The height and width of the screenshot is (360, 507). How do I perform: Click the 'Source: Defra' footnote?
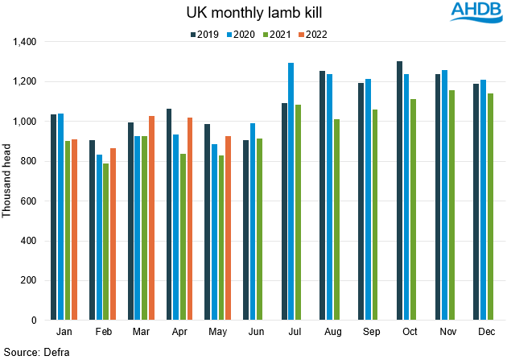[33, 351]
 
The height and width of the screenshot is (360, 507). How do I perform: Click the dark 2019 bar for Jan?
[54, 217]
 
